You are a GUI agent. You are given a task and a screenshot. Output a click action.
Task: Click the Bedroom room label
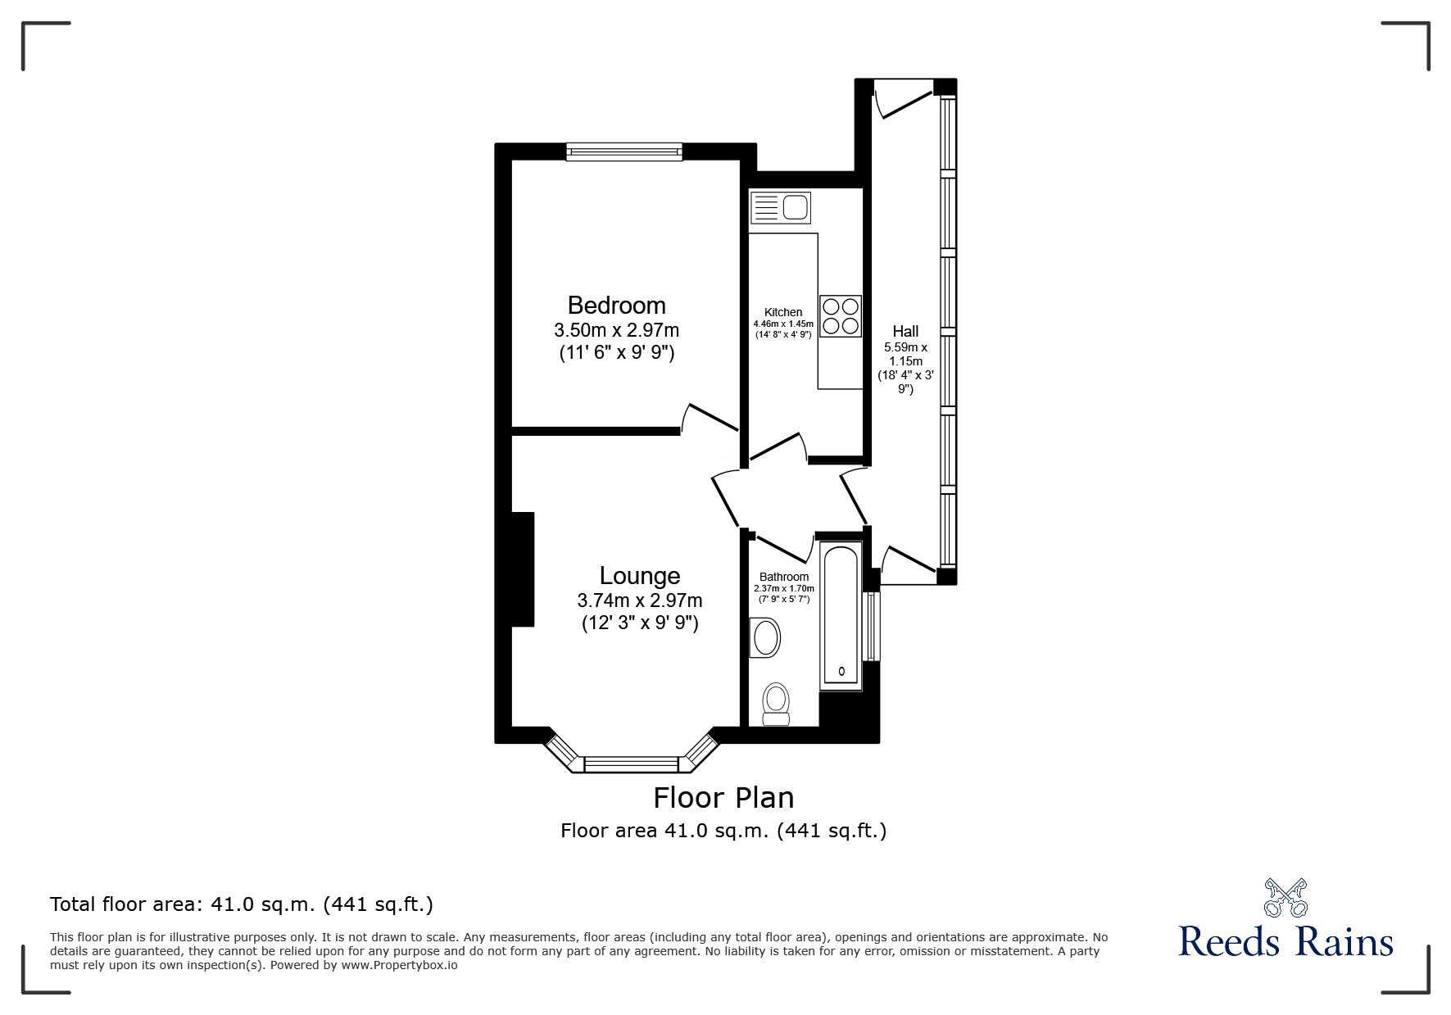pos(616,306)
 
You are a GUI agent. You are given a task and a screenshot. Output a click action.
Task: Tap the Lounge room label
pos(639,576)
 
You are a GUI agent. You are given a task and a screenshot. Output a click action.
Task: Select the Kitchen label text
pos(782,312)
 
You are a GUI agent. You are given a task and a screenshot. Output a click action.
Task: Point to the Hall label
pos(905,331)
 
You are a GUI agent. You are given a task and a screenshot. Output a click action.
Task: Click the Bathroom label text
pos(783,577)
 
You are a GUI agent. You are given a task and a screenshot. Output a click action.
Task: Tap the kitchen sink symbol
pos(779,207)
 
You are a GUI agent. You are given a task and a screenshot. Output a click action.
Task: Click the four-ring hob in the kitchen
pos(841,315)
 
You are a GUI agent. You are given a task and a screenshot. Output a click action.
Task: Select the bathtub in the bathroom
pos(841,614)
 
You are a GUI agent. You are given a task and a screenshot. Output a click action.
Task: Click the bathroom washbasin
pos(765,637)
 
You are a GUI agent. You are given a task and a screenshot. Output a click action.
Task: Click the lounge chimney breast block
pos(523,569)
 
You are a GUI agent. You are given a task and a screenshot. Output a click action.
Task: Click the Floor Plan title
pos(723,797)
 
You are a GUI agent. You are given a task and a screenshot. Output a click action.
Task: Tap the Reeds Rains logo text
pos(1285,941)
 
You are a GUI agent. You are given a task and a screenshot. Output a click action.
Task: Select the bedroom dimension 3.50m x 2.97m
pos(616,331)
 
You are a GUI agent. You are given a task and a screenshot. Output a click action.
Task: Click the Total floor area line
pos(242,904)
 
